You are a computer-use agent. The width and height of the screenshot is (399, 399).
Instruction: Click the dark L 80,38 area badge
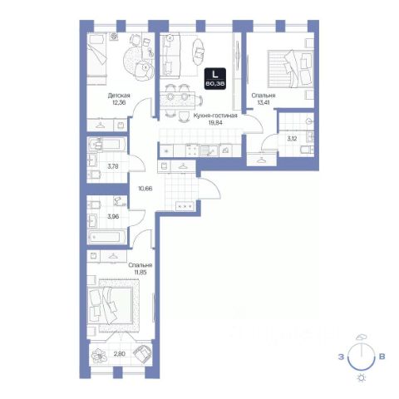coord(215,79)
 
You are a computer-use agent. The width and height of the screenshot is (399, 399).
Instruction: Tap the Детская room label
coord(119,96)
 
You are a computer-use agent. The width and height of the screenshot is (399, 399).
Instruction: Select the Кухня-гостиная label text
coord(215,116)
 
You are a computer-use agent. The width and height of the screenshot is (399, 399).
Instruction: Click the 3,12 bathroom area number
coord(292,139)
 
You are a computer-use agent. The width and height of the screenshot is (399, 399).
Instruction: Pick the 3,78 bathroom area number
coord(113,166)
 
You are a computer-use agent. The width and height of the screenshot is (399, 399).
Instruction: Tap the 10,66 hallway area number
coord(145,189)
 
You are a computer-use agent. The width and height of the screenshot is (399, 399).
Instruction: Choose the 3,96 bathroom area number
coord(113,216)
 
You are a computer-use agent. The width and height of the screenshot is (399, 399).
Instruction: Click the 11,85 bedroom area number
coord(140,272)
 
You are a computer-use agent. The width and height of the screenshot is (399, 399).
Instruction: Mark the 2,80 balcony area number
coord(120,354)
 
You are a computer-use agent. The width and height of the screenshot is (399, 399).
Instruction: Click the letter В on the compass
coord(382,357)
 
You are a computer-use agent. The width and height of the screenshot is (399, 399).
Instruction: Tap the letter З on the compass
coord(341,357)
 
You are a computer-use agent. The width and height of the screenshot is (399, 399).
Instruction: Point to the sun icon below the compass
coord(362,378)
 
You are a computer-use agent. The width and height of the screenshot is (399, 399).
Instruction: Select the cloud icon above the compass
coord(362,337)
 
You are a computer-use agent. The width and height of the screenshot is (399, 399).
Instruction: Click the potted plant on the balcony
coord(99,355)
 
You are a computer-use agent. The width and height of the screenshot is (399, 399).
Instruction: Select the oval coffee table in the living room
coord(198,52)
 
